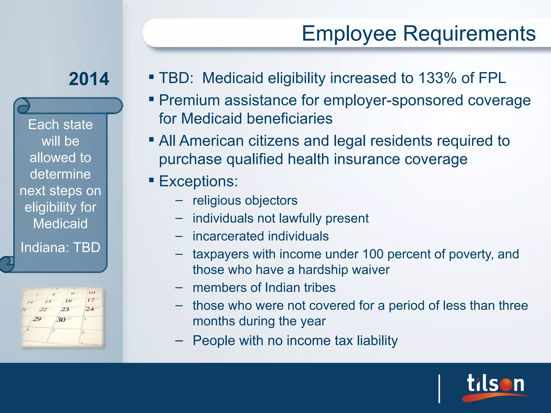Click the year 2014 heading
89,79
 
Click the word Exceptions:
198,181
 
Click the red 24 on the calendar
90,309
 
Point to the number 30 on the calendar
61,319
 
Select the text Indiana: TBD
61,247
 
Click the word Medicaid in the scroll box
61,224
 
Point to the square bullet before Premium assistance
151,99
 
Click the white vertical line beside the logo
439,389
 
